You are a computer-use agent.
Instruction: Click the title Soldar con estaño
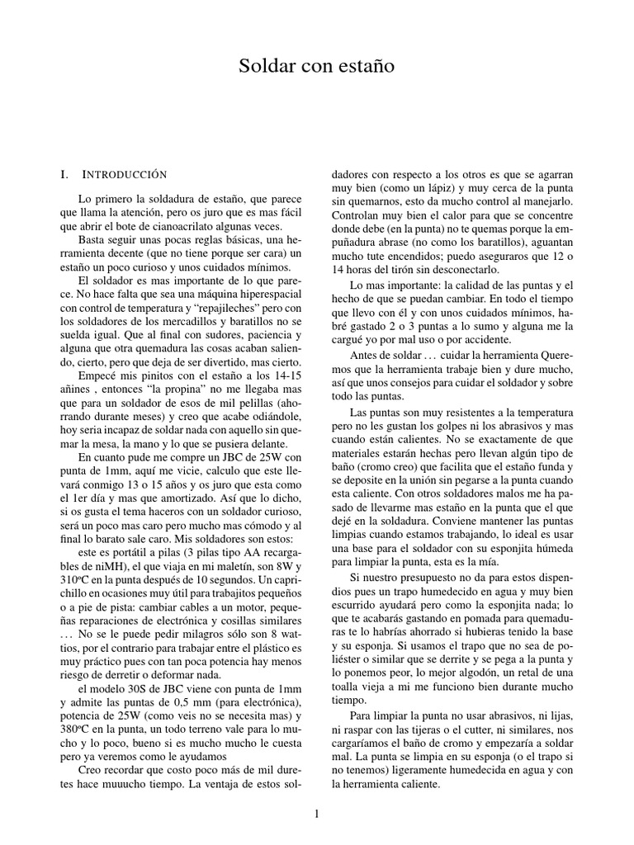(317, 66)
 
